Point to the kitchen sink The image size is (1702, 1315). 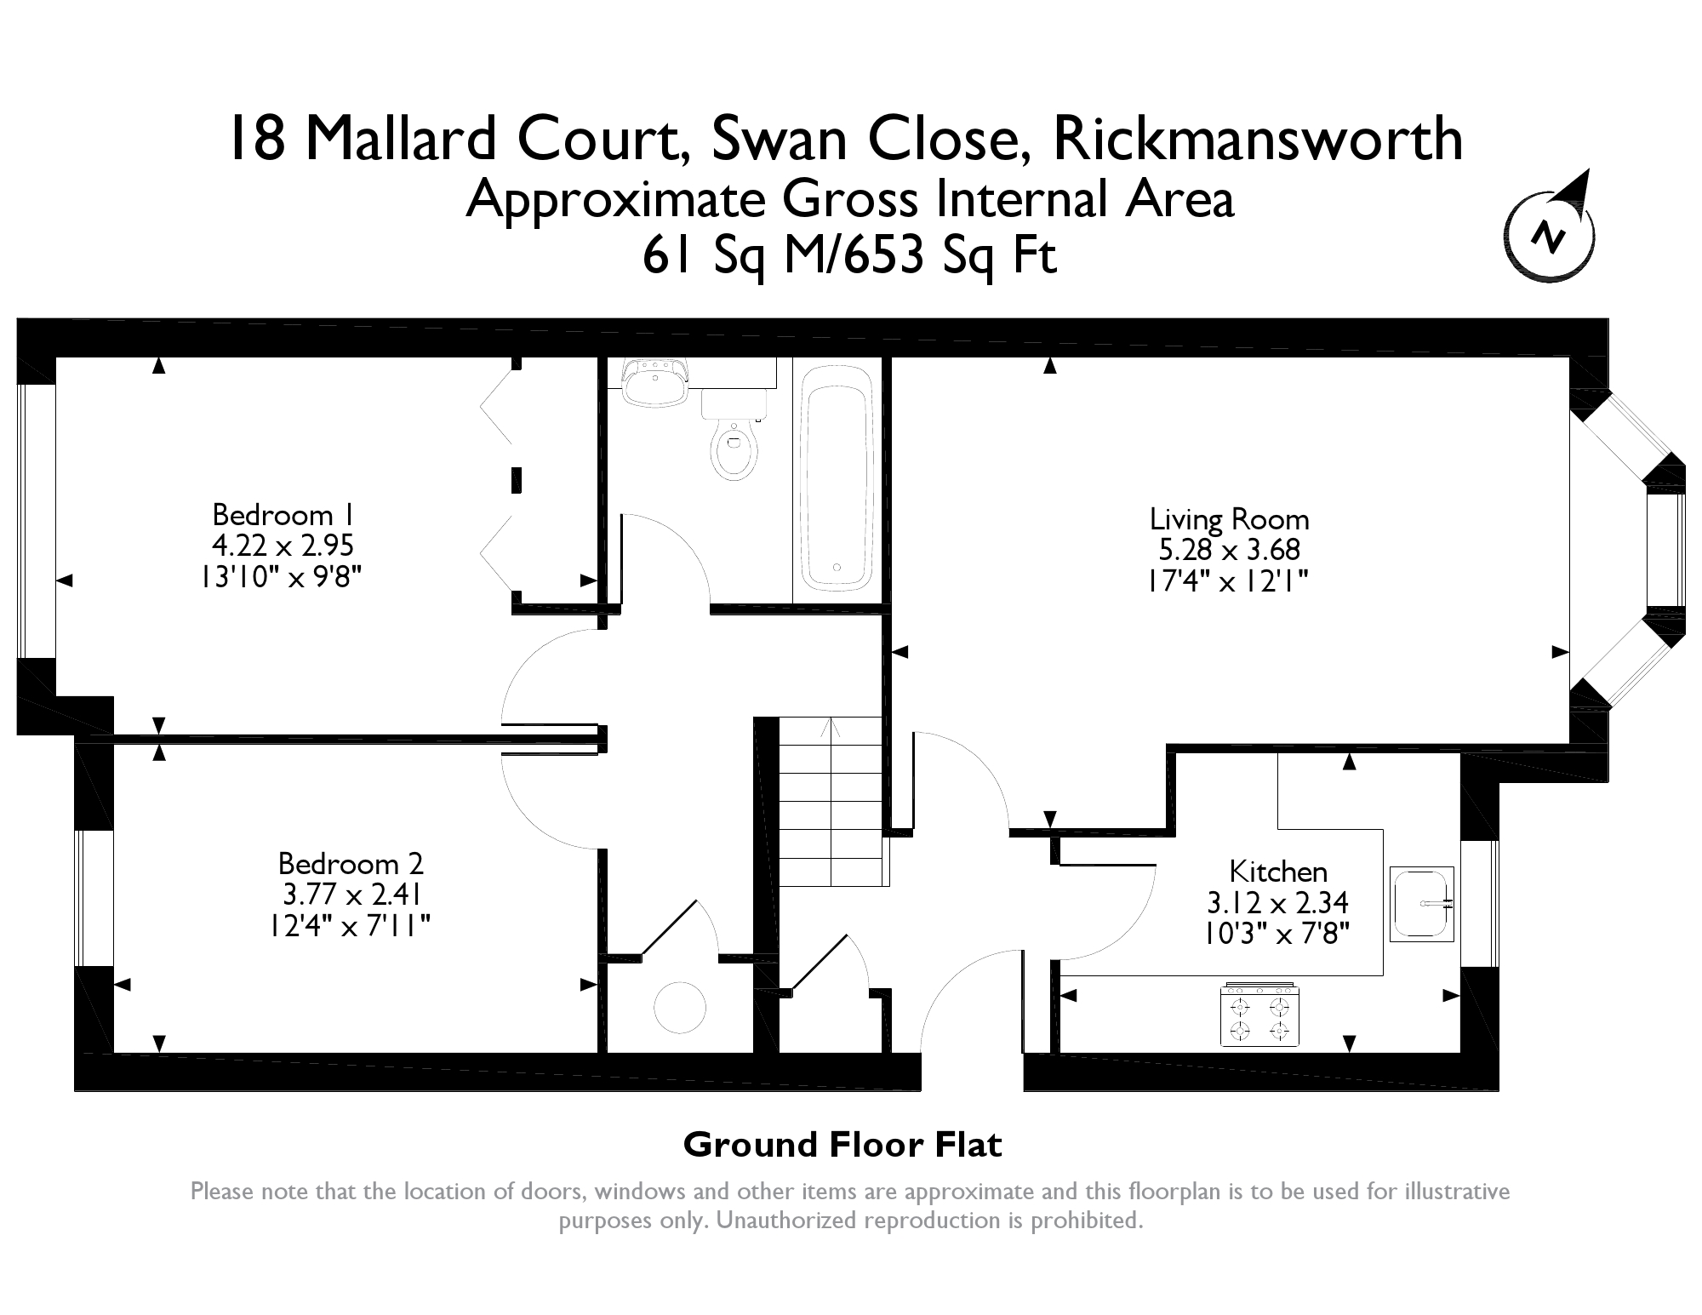point(1422,903)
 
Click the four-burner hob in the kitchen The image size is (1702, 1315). point(1259,1015)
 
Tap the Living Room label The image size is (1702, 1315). point(1229,519)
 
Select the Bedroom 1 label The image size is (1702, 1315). point(283,515)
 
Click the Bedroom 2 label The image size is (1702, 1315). point(351,864)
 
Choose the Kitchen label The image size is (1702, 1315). point(1278,872)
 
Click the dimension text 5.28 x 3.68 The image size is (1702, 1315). point(1229,550)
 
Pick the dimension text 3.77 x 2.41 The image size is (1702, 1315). point(351,895)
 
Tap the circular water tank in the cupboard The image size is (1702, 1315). point(680,1007)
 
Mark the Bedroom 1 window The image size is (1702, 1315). point(37,521)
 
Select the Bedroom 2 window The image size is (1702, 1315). point(94,898)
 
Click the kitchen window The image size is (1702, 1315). point(1480,904)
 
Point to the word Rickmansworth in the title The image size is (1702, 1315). point(1258,140)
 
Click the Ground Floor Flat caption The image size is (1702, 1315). point(842,1145)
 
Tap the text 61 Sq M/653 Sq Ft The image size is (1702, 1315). point(849,254)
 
